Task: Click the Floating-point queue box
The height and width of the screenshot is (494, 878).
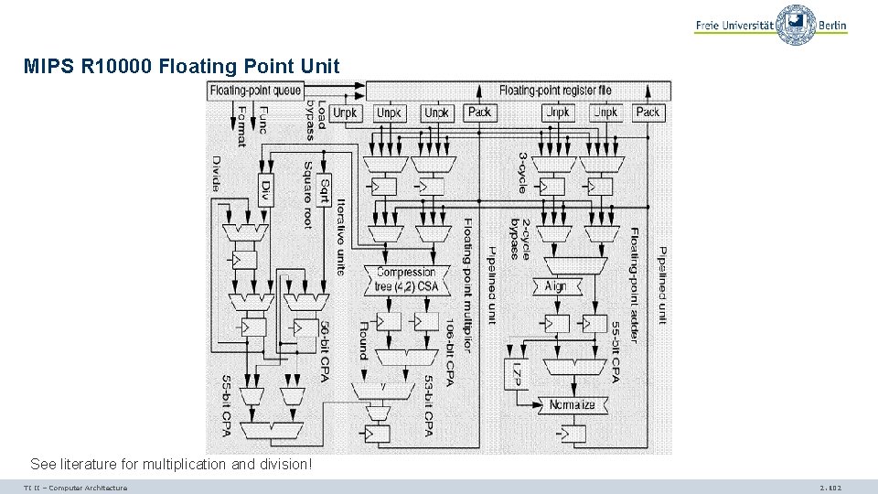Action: (256, 91)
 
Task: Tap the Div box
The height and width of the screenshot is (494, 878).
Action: (265, 190)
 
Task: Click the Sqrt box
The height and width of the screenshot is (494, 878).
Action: (324, 190)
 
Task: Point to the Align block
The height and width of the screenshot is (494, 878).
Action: (555, 285)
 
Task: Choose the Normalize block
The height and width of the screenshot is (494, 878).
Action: (572, 404)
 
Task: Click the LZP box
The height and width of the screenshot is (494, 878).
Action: (518, 374)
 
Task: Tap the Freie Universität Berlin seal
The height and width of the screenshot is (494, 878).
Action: (796, 24)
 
